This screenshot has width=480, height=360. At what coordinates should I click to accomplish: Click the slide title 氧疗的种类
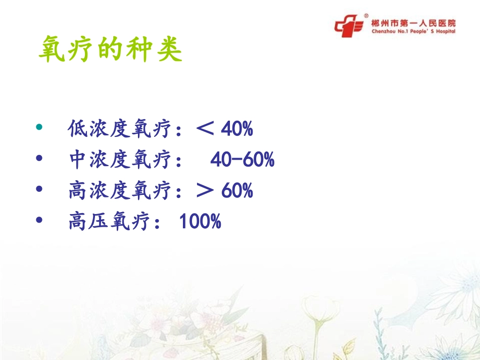tap(110, 49)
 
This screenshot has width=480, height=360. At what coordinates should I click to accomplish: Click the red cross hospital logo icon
tap(349, 25)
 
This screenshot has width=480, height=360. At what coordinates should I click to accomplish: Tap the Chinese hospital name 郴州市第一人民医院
tap(413, 23)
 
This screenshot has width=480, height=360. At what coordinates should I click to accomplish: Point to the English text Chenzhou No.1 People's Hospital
tap(413, 31)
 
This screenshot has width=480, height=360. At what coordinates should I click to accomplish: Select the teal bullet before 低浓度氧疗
tap(40, 129)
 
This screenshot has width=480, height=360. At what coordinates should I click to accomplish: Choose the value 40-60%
tap(242, 161)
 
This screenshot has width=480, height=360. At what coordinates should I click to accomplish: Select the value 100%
tap(200, 222)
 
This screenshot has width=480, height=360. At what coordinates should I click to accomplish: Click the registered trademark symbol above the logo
tap(366, 16)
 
